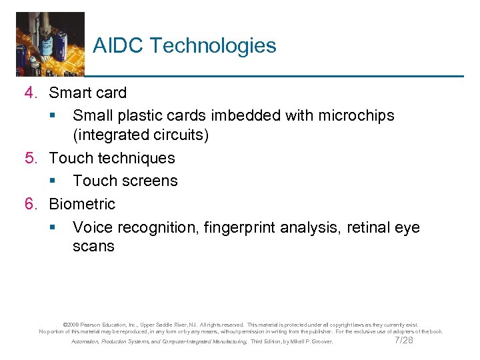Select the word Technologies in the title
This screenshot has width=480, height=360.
213,46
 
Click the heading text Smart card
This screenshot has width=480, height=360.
87,93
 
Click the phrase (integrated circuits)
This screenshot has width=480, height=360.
141,135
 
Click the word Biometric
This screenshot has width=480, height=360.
82,204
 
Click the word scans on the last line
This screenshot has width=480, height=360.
93,246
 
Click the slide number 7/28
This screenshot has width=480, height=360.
404,340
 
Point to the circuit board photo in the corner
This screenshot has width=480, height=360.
50,43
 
